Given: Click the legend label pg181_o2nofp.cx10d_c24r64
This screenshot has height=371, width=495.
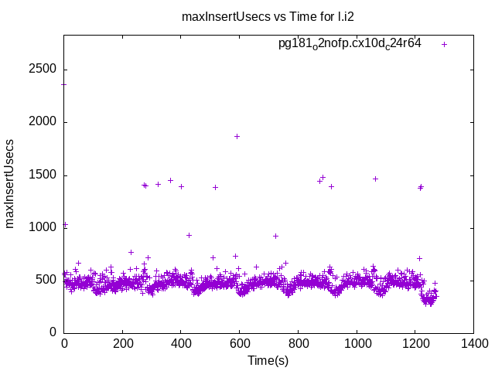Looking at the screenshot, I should coord(350,43).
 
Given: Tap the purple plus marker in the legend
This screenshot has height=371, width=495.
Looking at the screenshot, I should coord(444,44).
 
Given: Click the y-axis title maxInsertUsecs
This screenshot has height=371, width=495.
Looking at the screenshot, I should coord(10,183).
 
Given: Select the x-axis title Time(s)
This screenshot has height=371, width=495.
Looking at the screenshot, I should coord(268,360).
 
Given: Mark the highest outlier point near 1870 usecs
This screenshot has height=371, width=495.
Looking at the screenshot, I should coord(237,136).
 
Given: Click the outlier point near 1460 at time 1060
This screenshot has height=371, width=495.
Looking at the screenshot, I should coord(375,179).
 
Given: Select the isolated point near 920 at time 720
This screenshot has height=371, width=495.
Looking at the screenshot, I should coord(275,236).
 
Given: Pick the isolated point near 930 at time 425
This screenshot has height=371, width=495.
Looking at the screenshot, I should coord(189,235).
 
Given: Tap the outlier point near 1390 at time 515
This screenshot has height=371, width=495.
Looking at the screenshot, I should coord(215,187).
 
